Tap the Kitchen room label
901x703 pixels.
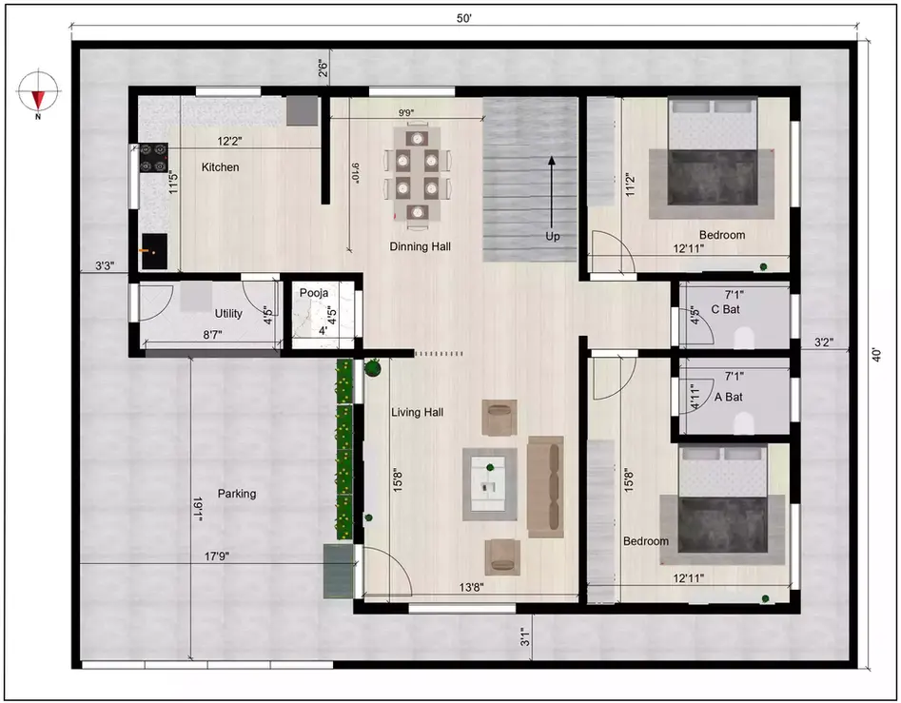[x=220, y=167]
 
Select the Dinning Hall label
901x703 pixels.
[x=420, y=246]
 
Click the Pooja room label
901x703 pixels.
[x=314, y=293]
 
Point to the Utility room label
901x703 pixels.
[x=228, y=313]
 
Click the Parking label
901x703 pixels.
[x=237, y=494]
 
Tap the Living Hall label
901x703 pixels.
[x=418, y=412]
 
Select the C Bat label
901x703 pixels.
[x=727, y=309]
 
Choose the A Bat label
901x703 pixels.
[x=728, y=397]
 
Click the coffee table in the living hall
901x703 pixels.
[x=490, y=483]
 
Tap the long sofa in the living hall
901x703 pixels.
[x=545, y=486]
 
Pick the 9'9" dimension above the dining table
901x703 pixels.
[x=405, y=113]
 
